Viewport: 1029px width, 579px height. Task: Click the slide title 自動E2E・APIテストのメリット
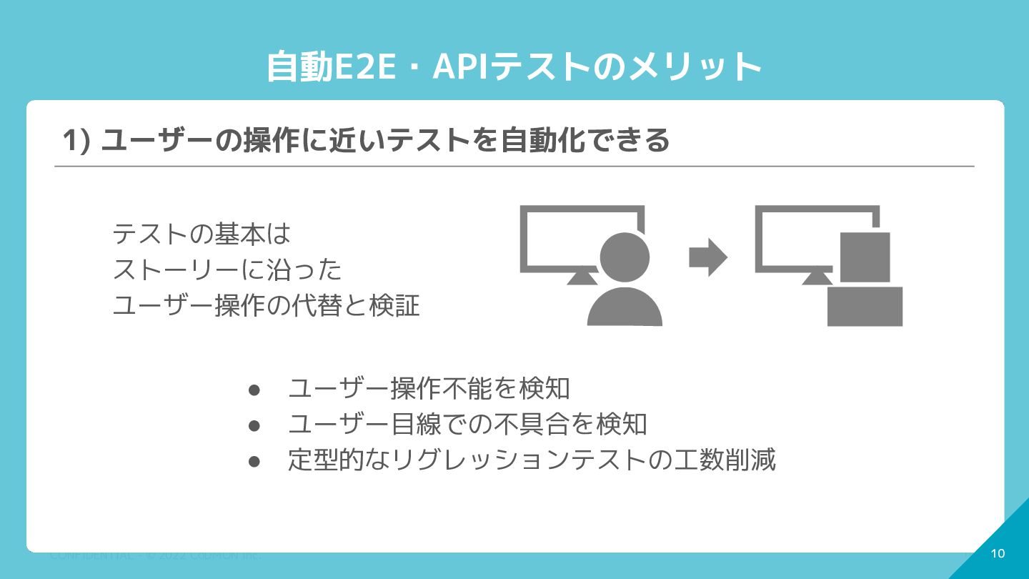[514, 67]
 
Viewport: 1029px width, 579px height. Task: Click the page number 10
[998, 553]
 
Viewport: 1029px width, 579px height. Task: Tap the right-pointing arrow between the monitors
[707, 257]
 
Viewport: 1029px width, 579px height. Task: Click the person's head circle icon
[625, 257]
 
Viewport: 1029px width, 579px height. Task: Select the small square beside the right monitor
[865, 257]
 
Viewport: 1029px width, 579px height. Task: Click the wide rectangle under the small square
[865, 306]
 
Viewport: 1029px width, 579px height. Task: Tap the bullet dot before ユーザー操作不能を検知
[253, 390]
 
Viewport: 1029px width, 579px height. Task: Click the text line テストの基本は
[202, 234]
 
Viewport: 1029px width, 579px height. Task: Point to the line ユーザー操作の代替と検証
[266, 306]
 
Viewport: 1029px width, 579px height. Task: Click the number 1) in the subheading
[76, 140]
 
